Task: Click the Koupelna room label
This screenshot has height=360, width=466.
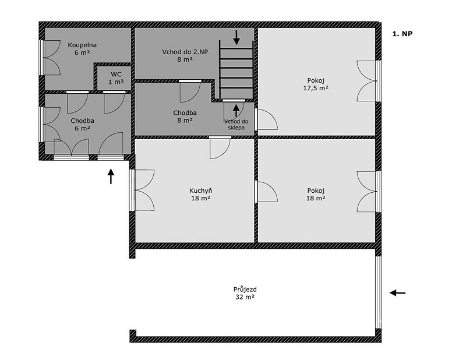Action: pyautogui.click(x=82, y=45)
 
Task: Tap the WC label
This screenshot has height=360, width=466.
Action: pyautogui.click(x=116, y=75)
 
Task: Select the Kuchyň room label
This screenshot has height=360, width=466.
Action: pyautogui.click(x=201, y=191)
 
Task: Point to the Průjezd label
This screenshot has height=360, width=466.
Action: pyautogui.click(x=245, y=290)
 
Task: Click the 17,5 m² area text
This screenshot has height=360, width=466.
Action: pyautogui.click(x=316, y=88)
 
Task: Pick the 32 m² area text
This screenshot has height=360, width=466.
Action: pyautogui.click(x=245, y=297)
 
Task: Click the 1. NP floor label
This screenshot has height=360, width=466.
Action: pyautogui.click(x=403, y=34)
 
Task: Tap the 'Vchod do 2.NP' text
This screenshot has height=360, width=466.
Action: pyautogui.click(x=185, y=52)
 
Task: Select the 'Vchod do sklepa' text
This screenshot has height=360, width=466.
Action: pyautogui.click(x=236, y=125)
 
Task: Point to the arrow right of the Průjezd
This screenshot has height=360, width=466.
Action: pyautogui.click(x=398, y=293)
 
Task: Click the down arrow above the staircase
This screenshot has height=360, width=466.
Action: pyautogui.click(x=236, y=37)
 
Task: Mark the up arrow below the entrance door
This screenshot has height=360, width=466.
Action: pyautogui.click(x=111, y=177)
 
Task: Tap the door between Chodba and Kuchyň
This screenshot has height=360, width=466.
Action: pyautogui.click(x=220, y=147)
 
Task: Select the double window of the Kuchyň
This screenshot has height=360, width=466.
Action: pyautogui.click(x=142, y=190)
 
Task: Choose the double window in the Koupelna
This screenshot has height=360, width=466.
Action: pyautogui.click(x=50, y=57)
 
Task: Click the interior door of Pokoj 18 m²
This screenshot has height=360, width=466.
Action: pyautogui.click(x=266, y=192)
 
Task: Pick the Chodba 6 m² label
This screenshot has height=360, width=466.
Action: pyautogui.click(x=82, y=125)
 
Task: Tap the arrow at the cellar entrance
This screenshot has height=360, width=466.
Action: pyautogui.click(x=236, y=111)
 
